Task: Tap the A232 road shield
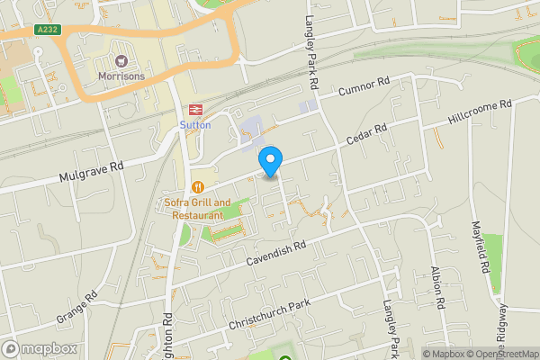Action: (x=48, y=30)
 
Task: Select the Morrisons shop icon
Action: (x=121, y=61)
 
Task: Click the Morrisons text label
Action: (x=121, y=76)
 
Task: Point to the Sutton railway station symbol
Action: (x=194, y=108)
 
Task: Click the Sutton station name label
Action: (x=194, y=124)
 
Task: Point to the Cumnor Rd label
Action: (x=364, y=88)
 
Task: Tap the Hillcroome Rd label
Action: (x=480, y=113)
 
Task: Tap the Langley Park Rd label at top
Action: (x=312, y=45)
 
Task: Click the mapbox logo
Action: (x=40, y=348)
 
